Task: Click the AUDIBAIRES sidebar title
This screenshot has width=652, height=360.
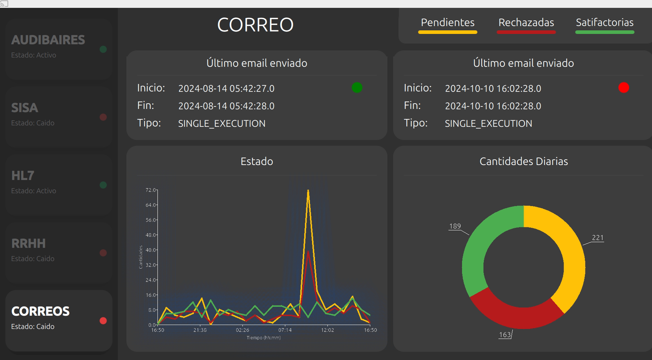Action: [48, 40]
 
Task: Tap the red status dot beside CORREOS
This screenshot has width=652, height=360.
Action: [103, 321]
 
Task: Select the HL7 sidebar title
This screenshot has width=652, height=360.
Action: [22, 176]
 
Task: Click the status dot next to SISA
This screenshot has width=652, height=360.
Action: [103, 117]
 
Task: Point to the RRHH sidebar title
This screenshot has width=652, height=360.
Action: [28, 244]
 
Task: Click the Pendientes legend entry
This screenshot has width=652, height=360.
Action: [447, 22]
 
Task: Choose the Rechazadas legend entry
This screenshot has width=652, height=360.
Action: [526, 22]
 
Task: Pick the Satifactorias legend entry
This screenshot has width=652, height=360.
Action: [605, 22]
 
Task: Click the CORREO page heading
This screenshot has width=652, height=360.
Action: [255, 25]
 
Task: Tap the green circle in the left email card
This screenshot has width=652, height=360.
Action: [357, 87]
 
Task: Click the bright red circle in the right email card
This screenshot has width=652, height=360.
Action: [623, 87]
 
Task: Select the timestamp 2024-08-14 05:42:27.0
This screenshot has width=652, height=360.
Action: [226, 89]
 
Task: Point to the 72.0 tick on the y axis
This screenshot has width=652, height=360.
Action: [151, 190]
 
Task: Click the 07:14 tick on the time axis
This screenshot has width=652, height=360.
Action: [285, 330]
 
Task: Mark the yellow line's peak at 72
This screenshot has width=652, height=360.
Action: [308, 190]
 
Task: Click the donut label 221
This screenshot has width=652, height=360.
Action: [597, 238]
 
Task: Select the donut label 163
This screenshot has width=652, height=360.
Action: [505, 335]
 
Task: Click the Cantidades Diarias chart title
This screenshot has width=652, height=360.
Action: [523, 161]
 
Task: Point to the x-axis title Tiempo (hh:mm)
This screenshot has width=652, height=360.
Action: [264, 338]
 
